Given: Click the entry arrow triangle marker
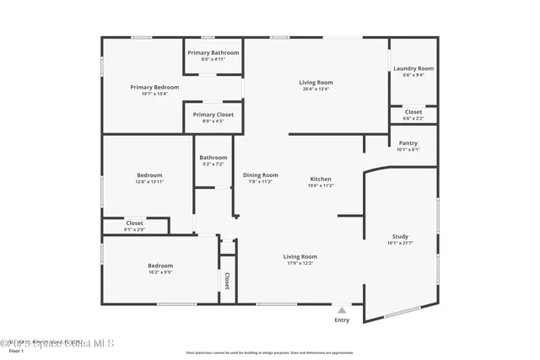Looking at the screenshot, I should pos(341,309).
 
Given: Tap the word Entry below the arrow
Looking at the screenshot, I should pos(342,320).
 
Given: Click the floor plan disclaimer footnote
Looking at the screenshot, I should pos(270,352).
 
